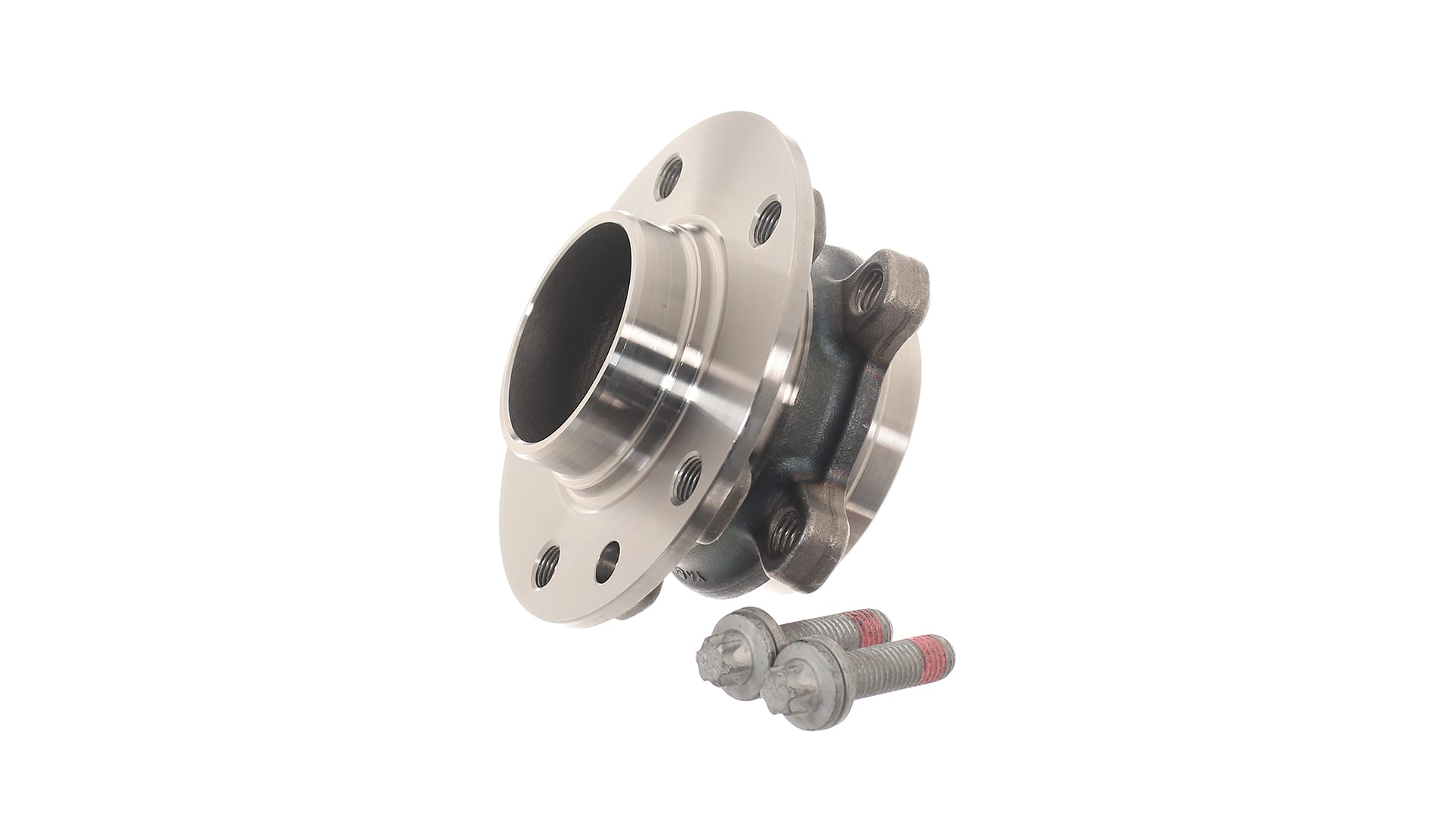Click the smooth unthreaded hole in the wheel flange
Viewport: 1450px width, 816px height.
coord(606,561)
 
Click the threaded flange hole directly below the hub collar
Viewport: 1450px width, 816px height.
coord(687,478)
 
